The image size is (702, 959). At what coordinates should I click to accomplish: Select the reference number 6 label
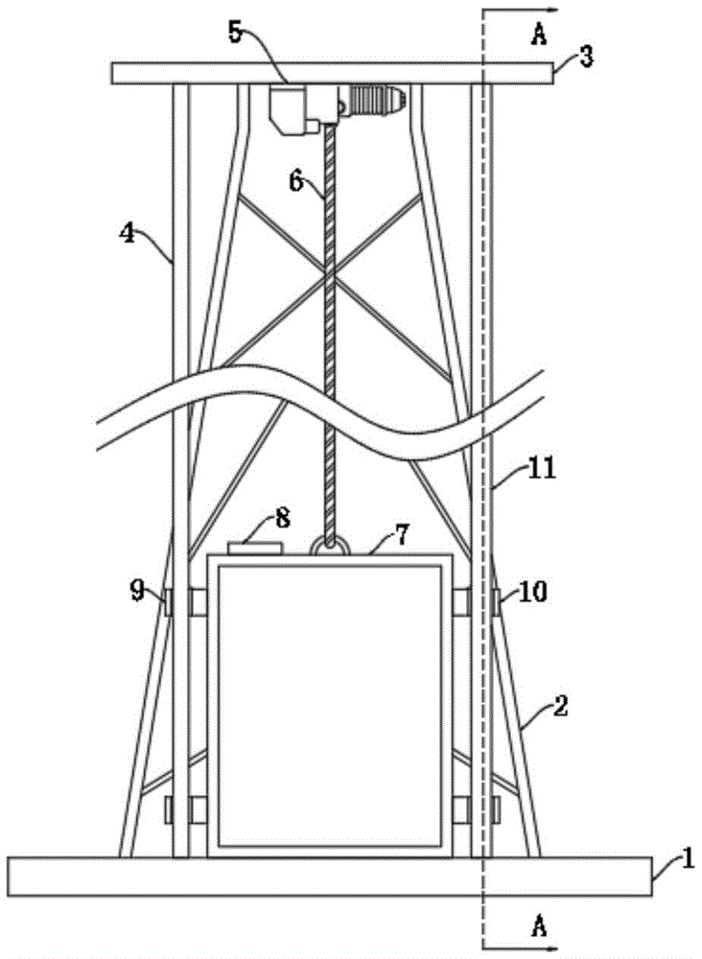tap(296, 181)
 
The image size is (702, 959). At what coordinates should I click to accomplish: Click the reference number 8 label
tap(282, 518)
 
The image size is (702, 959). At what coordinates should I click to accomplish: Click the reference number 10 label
tap(533, 591)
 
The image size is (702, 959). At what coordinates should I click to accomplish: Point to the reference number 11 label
tap(542, 469)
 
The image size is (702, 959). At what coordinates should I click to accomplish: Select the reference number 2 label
tap(560, 706)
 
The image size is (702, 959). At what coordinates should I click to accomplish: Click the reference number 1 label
tap(688, 860)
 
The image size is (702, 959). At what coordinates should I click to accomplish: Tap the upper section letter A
tap(539, 35)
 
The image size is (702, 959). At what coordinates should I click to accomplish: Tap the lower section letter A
tap(539, 927)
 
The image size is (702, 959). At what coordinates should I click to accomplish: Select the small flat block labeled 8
tap(254, 548)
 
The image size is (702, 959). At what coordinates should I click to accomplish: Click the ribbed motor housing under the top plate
tap(374, 99)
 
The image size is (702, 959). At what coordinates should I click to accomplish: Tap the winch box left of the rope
tap(294, 109)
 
